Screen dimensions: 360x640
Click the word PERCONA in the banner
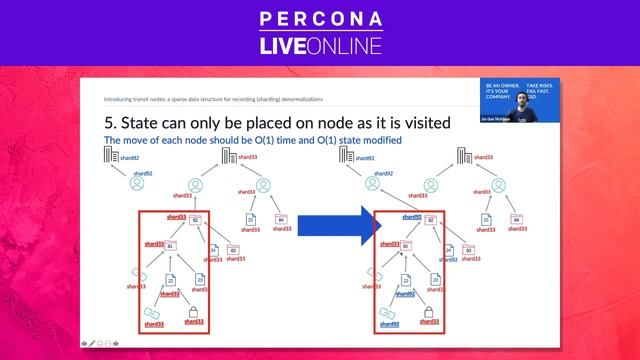[x=319, y=19]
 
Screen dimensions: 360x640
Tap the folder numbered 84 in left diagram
[x=281, y=219]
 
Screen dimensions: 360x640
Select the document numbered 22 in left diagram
[x=170, y=282]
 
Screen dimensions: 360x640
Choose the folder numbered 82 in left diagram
[x=196, y=220]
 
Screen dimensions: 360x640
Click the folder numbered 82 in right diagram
[x=430, y=220]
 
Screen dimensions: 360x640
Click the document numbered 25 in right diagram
[x=486, y=219]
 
